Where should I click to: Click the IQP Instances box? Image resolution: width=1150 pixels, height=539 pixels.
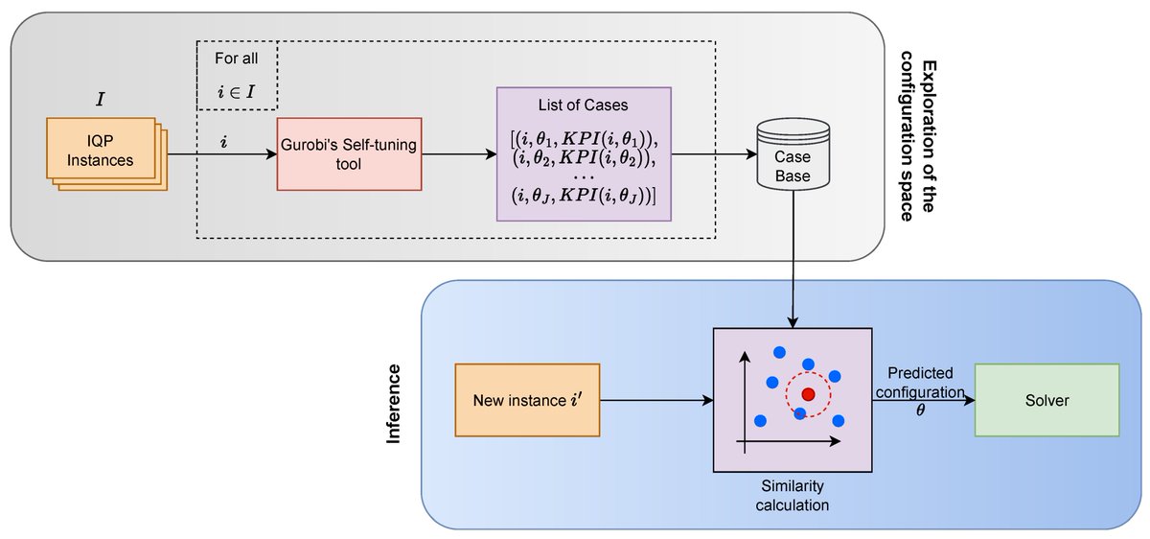pos(101,152)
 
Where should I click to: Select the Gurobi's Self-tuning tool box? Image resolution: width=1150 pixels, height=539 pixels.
pos(349,153)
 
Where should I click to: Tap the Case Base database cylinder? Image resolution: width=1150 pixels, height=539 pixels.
pos(793,153)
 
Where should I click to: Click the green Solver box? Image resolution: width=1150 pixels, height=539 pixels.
pos(1046,400)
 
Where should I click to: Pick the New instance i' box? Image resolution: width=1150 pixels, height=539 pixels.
pos(527,400)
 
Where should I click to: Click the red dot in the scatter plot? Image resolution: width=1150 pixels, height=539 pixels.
pos(808,394)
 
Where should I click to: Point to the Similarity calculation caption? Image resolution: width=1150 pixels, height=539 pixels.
pos(792,495)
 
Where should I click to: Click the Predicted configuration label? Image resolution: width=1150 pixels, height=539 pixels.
pos(920,382)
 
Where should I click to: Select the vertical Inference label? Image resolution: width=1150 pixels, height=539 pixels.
pos(393,403)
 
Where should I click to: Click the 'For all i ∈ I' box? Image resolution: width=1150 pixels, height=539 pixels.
pos(237,75)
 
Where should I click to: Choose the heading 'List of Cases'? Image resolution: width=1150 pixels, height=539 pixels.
pos(584,105)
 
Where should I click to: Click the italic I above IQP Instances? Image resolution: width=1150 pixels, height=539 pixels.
pos(100,98)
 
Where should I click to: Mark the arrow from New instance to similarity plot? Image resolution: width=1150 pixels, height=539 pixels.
pos(656,400)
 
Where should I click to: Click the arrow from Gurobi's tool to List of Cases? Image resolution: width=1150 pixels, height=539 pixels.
pos(458,153)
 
